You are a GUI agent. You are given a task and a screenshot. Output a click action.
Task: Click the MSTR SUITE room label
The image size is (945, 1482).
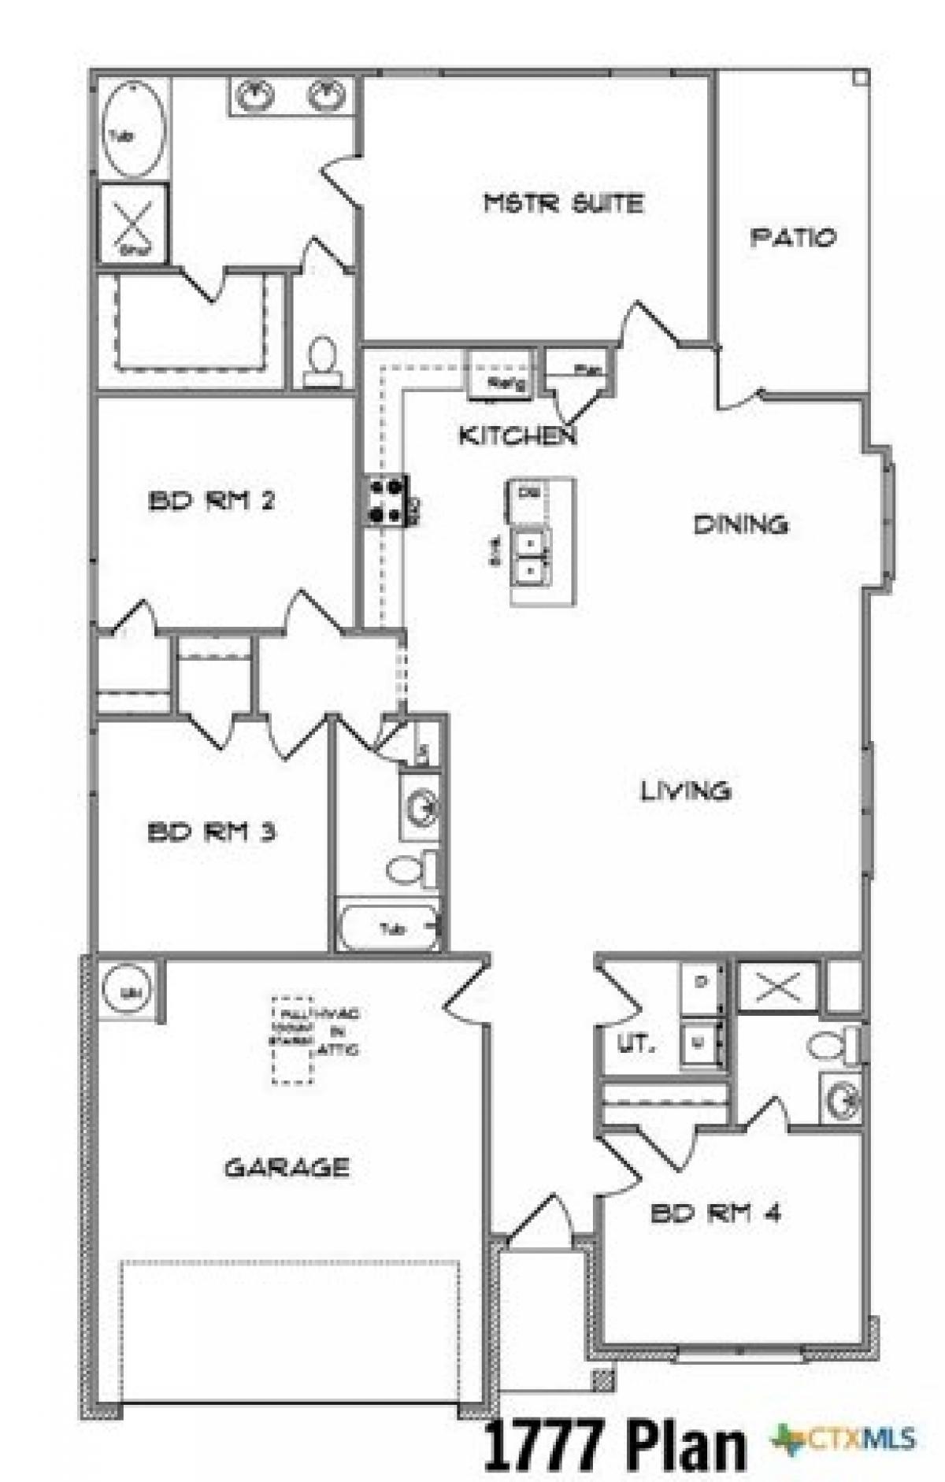(x=563, y=203)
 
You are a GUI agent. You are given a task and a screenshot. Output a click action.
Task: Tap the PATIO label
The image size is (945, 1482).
(x=792, y=237)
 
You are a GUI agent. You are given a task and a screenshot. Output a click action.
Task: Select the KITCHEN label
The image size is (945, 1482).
(x=517, y=435)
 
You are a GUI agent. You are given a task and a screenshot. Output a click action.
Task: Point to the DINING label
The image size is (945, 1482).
(x=740, y=524)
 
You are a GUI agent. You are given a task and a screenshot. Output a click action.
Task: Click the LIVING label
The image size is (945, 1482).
(x=685, y=790)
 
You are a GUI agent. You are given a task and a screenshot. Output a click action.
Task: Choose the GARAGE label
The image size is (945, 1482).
(x=287, y=1167)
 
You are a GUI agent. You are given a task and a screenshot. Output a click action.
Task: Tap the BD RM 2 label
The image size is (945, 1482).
(x=211, y=501)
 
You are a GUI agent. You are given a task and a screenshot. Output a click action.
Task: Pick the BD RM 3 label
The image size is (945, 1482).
(x=211, y=832)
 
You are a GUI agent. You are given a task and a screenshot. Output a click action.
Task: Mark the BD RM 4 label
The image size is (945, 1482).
(x=715, y=1213)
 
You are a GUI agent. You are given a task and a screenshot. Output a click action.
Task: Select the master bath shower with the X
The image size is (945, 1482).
(x=133, y=223)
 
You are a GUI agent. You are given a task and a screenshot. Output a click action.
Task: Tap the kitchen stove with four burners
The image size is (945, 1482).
(x=386, y=501)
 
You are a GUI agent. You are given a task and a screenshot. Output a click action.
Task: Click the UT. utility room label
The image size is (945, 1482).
(x=635, y=1046)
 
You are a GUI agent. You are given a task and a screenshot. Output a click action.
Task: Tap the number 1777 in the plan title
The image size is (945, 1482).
(x=543, y=1443)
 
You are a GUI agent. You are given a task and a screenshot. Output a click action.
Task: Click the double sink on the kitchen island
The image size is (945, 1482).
(x=531, y=556)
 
